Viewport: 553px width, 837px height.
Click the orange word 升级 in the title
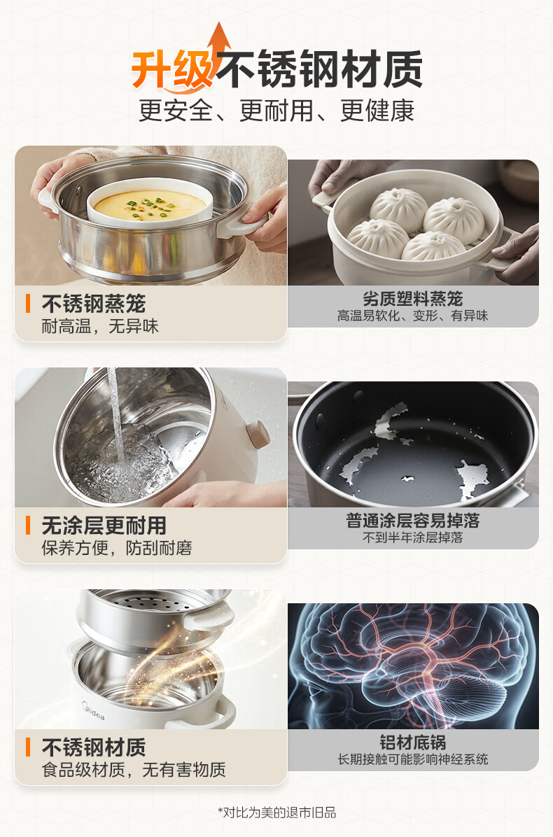(173, 69)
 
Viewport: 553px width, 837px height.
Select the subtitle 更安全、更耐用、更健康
(276, 111)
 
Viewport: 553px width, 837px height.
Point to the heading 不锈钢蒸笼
(93, 304)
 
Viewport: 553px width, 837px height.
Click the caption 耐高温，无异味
(100, 326)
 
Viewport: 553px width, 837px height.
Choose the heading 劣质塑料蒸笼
(412, 299)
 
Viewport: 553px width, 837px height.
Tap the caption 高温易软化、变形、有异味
(412, 316)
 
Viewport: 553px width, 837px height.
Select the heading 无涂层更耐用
(104, 526)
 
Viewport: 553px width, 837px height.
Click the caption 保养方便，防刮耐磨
(117, 548)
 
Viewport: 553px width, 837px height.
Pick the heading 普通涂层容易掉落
(412, 521)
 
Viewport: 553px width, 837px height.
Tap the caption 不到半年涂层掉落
(412, 537)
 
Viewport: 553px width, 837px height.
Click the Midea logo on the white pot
(93, 711)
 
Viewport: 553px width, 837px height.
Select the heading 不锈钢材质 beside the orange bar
(93, 747)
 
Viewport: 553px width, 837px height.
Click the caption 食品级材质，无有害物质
(134, 770)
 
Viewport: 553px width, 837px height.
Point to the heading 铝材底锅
(412, 743)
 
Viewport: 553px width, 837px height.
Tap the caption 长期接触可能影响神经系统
(412, 759)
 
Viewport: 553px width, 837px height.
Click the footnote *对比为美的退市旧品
(276, 813)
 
